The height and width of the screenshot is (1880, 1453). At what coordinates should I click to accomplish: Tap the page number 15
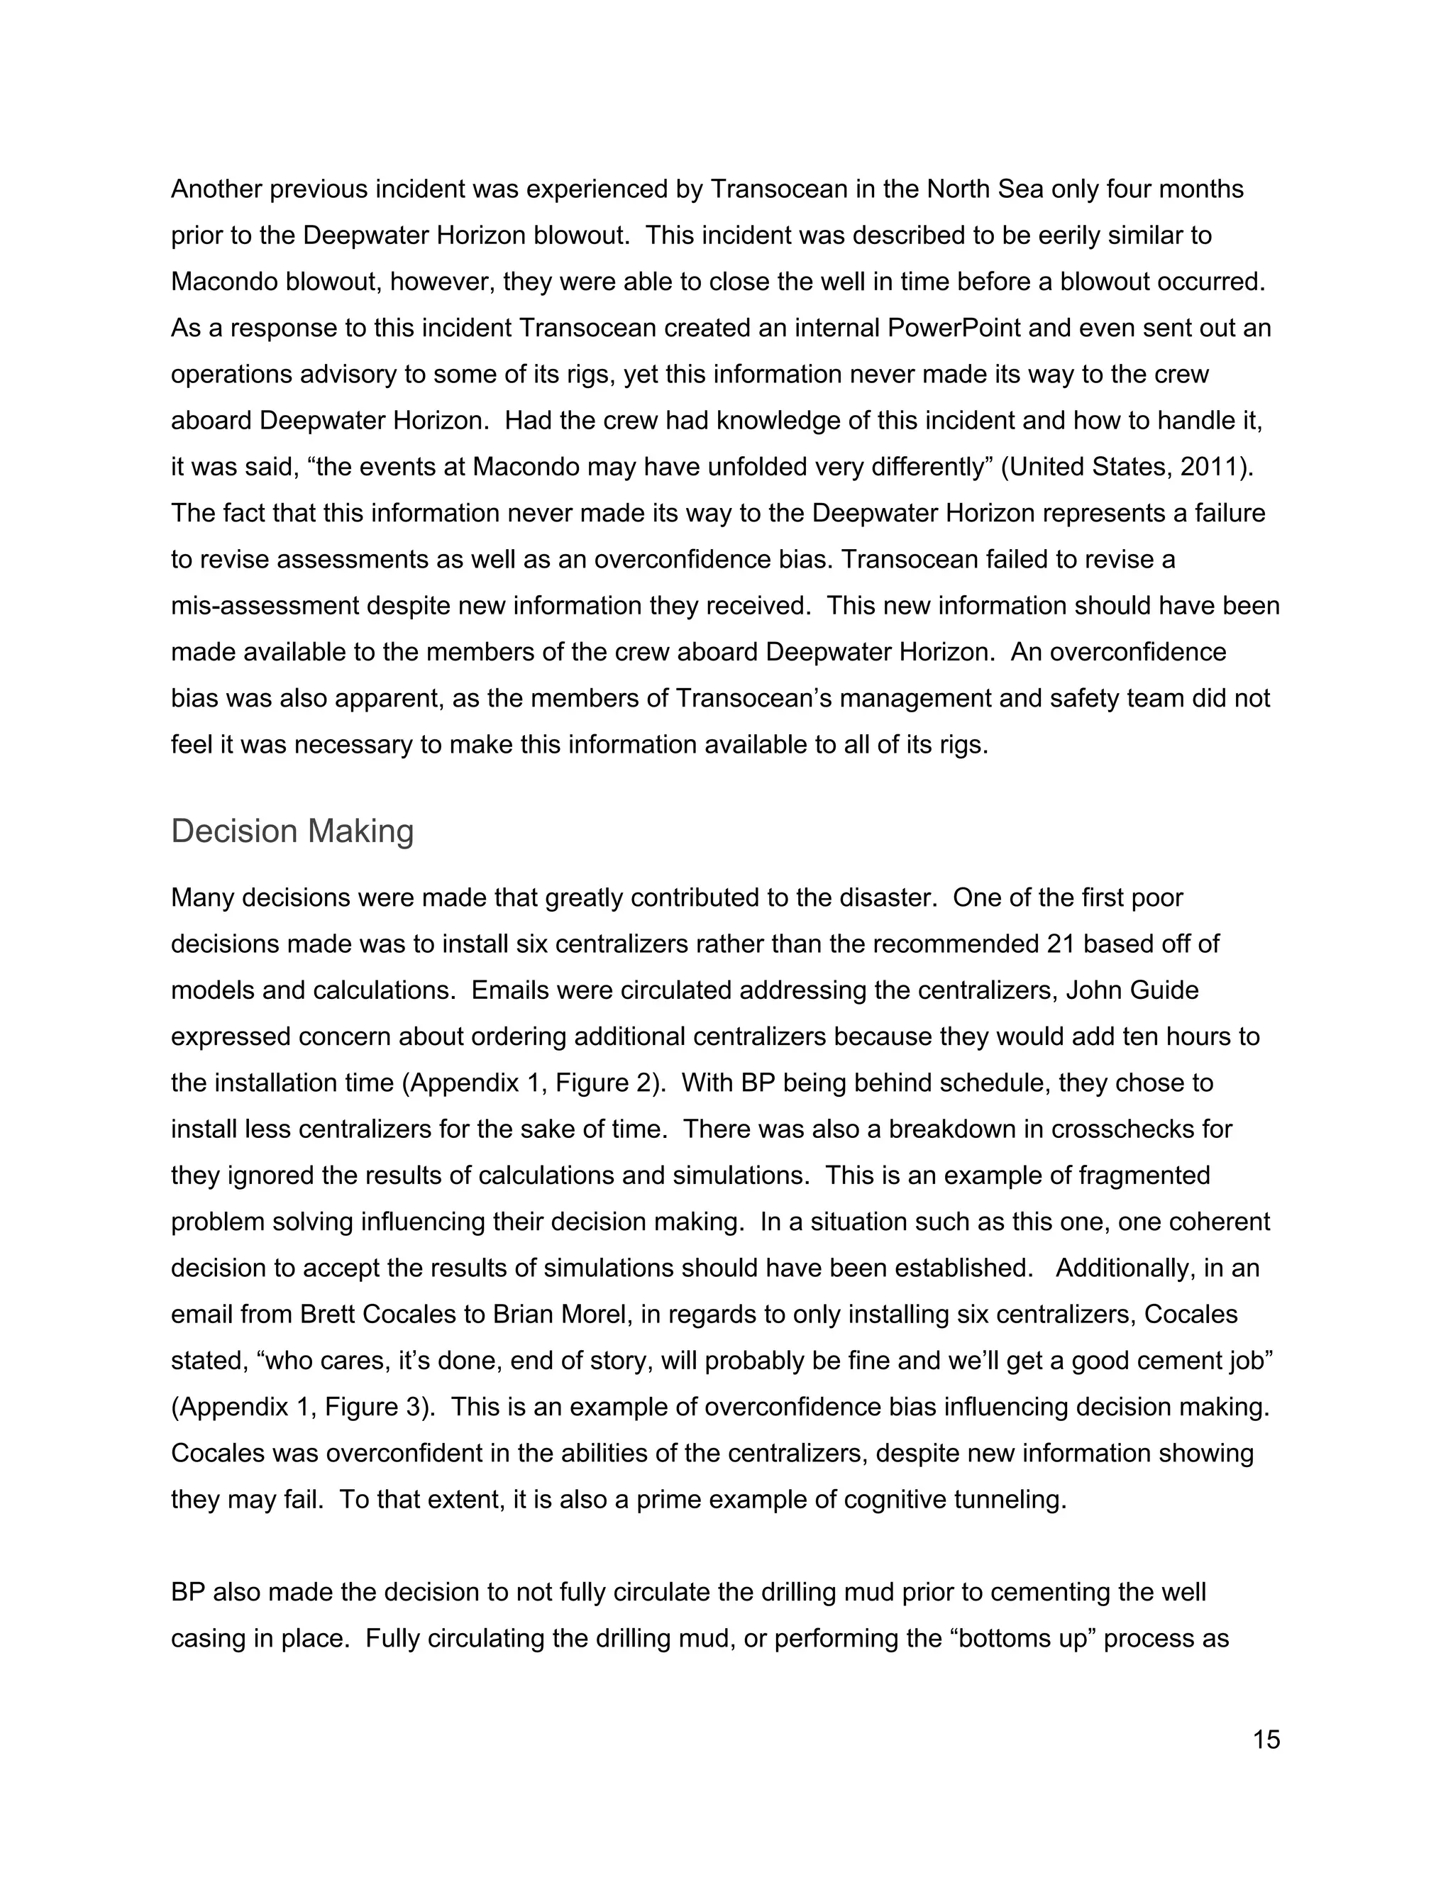point(1266,1740)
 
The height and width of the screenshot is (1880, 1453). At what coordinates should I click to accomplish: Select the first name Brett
point(328,1315)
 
